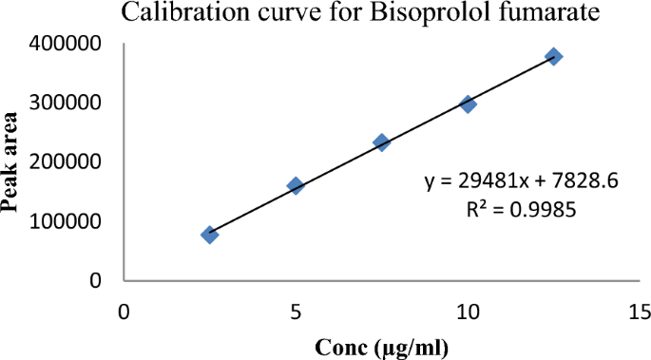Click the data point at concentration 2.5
pyautogui.click(x=210, y=234)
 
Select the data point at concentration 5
pyautogui.click(x=296, y=185)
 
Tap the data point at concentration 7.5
pyautogui.click(x=381, y=142)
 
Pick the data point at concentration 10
pyautogui.click(x=468, y=104)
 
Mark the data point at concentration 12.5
pyautogui.click(x=554, y=57)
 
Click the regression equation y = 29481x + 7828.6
pyautogui.click(x=523, y=180)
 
